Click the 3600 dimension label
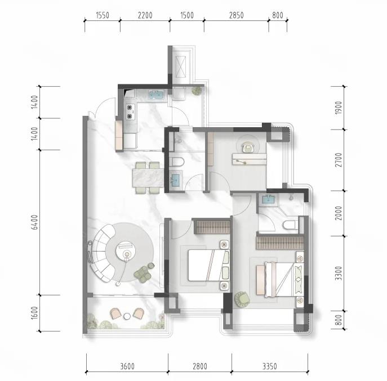127,366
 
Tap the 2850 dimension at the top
236,15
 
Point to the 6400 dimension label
35,222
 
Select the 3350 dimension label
269,366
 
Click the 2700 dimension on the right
339,160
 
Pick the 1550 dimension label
103,15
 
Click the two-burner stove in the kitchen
131,112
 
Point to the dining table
148,177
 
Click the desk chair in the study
248,148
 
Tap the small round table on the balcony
127,316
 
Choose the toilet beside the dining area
177,162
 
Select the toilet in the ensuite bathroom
290,225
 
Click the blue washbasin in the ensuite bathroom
268,199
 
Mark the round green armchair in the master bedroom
242,299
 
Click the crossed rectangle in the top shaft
181,67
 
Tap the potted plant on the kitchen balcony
197,91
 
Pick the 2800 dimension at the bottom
200,366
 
